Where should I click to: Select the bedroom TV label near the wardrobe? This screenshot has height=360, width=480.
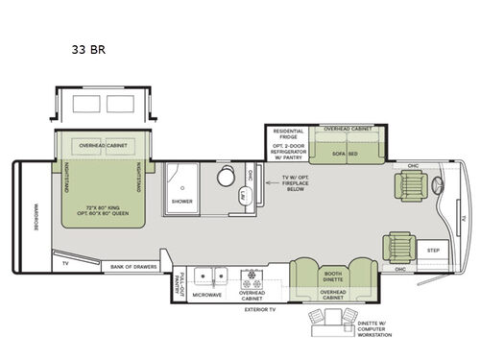[x=64, y=261]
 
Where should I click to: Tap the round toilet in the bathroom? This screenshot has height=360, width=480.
[x=228, y=178]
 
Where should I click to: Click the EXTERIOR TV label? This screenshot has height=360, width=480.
[x=258, y=310]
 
